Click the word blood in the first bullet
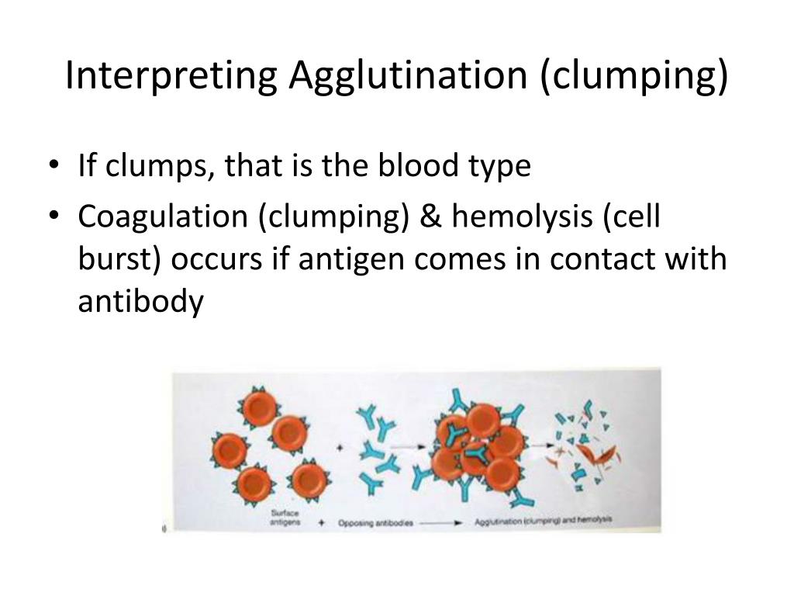[424, 166]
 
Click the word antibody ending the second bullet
[140, 302]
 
